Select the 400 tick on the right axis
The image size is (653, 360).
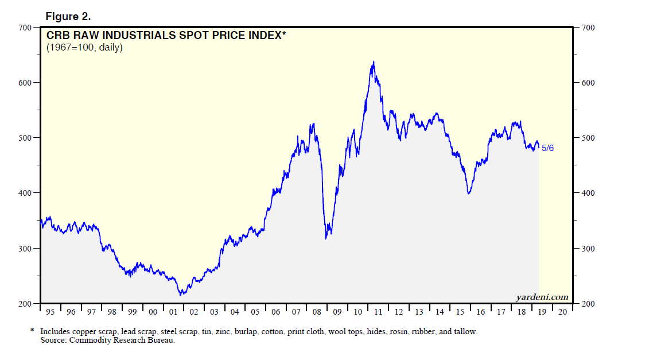coord(588,193)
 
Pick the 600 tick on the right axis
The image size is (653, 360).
coord(588,83)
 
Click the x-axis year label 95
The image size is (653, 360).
coord(51,312)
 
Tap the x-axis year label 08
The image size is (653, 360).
coord(317,312)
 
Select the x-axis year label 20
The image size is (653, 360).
coord(562,312)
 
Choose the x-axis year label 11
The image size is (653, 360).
coord(378,312)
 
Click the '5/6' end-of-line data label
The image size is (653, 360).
coord(547,149)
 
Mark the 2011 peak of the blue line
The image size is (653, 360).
coord(374,61)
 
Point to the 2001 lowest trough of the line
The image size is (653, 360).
coord(181,295)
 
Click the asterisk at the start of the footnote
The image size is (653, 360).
coord(32,331)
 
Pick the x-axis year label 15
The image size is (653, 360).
coord(460,312)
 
